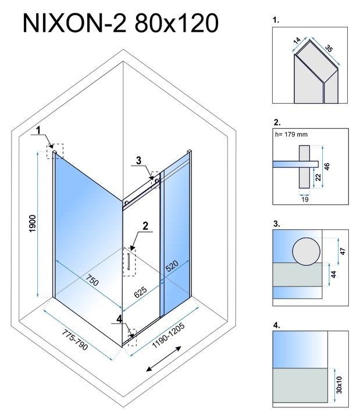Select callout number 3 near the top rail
click(138, 160)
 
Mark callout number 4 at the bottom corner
click(120, 318)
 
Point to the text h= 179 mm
click(291, 136)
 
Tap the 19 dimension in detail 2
click(305, 199)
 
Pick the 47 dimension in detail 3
click(343, 251)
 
